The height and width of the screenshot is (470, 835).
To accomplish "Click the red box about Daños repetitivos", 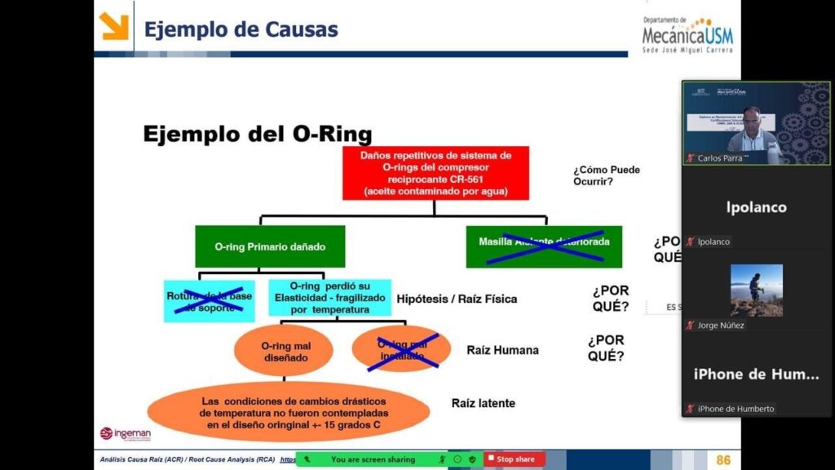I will [435, 173].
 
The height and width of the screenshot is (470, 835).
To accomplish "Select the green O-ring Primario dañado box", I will [258, 246].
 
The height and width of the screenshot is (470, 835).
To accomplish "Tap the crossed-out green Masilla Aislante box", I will [544, 246].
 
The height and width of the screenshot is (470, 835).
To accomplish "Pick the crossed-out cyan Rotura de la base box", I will [209, 301].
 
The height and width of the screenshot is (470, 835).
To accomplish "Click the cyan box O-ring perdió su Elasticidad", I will [330, 298].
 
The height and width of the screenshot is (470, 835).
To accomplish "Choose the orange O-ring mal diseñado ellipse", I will [285, 352].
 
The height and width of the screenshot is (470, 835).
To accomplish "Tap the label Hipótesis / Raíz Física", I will [457, 299].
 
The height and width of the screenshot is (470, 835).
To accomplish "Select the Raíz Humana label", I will [502, 350].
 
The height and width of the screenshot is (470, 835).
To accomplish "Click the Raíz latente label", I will [484, 403].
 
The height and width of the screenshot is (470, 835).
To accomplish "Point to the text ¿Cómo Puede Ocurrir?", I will [606, 175].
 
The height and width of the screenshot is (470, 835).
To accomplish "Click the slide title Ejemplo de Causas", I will [241, 30].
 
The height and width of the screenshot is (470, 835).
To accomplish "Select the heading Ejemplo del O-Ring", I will [258, 133].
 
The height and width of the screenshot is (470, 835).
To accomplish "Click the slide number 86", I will [722, 460].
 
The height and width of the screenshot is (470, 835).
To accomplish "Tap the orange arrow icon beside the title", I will [114, 27].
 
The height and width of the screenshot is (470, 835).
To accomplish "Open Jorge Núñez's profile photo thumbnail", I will [756, 290].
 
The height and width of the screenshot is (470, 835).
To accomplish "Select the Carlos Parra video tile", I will [756, 122].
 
